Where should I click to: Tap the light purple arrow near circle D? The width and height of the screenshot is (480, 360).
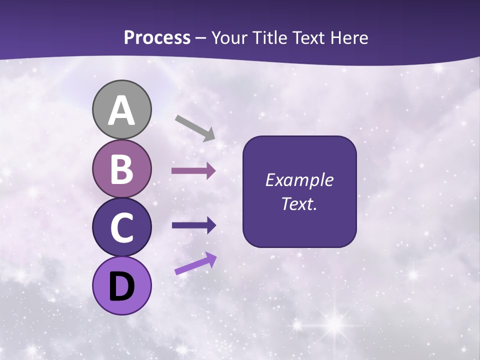pos(195,263)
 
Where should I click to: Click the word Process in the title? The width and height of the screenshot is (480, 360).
pos(157,38)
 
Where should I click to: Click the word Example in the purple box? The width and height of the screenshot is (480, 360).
pos(299,180)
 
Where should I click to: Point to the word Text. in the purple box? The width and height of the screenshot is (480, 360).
pos(299,203)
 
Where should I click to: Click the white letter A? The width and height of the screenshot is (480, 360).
pos(122,110)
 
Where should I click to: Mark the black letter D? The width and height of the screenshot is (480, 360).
pos(122,286)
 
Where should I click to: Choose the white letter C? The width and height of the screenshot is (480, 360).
pos(122,228)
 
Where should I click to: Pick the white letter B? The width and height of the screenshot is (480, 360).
pos(122,169)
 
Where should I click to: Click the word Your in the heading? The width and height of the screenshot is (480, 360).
pos(228,38)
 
